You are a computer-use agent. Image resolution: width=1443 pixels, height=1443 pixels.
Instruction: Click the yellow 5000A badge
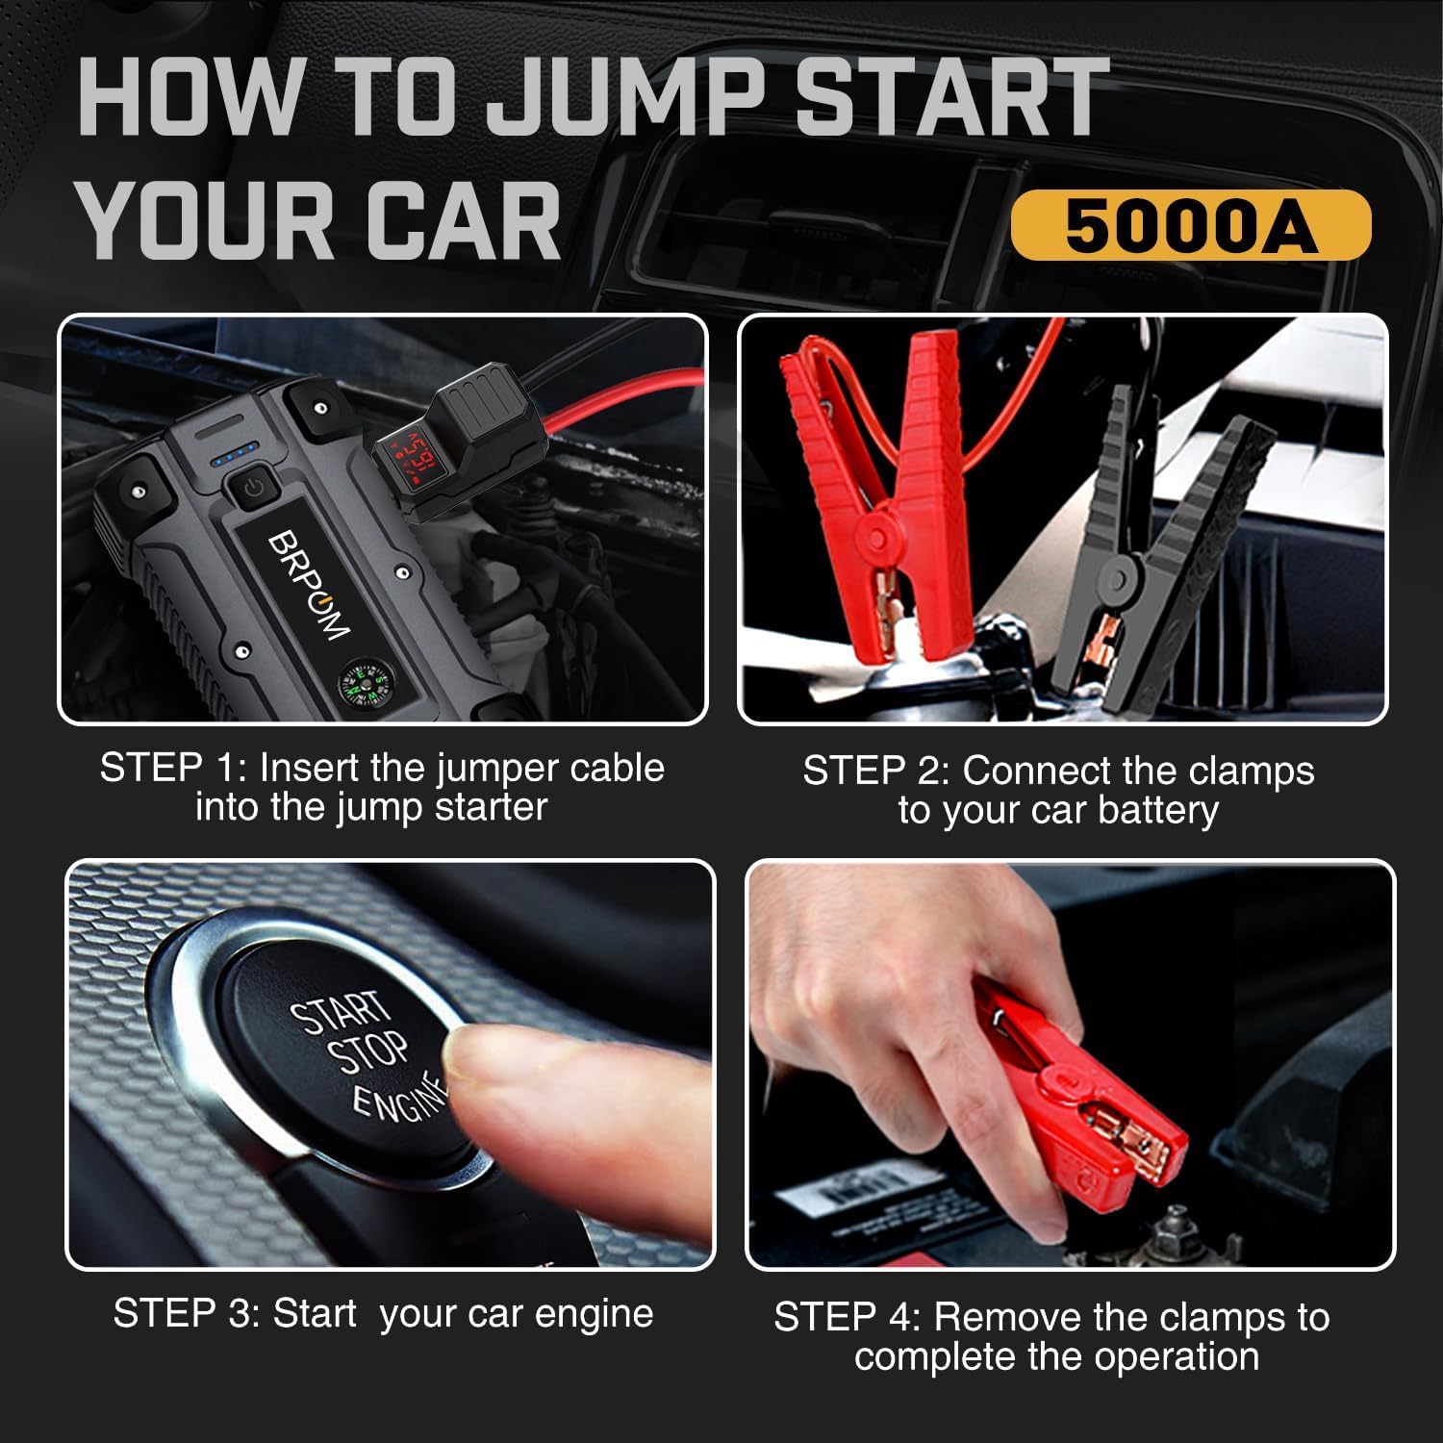(x=1190, y=226)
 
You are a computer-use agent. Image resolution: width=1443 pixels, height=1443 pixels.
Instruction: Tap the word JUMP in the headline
(x=625, y=98)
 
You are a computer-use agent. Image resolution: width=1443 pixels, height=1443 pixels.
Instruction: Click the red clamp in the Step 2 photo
(x=871, y=500)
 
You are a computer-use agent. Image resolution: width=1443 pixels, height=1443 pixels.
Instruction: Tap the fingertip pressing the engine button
(x=500, y=1068)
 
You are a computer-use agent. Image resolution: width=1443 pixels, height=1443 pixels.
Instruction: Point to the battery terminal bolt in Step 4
(x=1176, y=1227)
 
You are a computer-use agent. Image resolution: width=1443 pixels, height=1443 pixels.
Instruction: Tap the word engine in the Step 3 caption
(x=594, y=1314)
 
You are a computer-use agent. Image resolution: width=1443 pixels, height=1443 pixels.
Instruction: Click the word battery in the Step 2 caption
(x=1158, y=811)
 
